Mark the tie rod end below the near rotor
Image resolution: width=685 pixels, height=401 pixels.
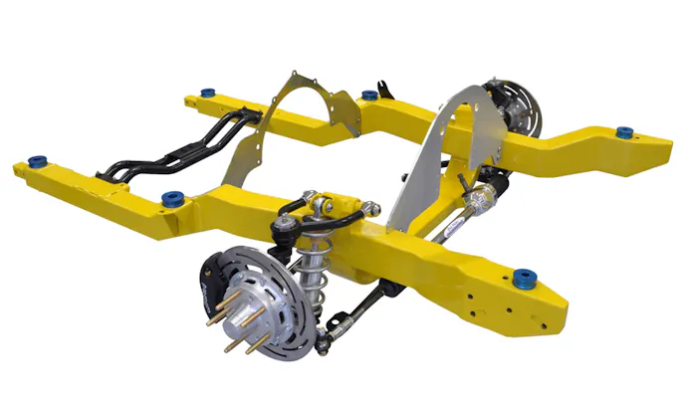(325, 343)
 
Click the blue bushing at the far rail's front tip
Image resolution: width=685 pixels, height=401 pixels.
(625, 131)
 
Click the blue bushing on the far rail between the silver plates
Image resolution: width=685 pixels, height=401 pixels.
(369, 96)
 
